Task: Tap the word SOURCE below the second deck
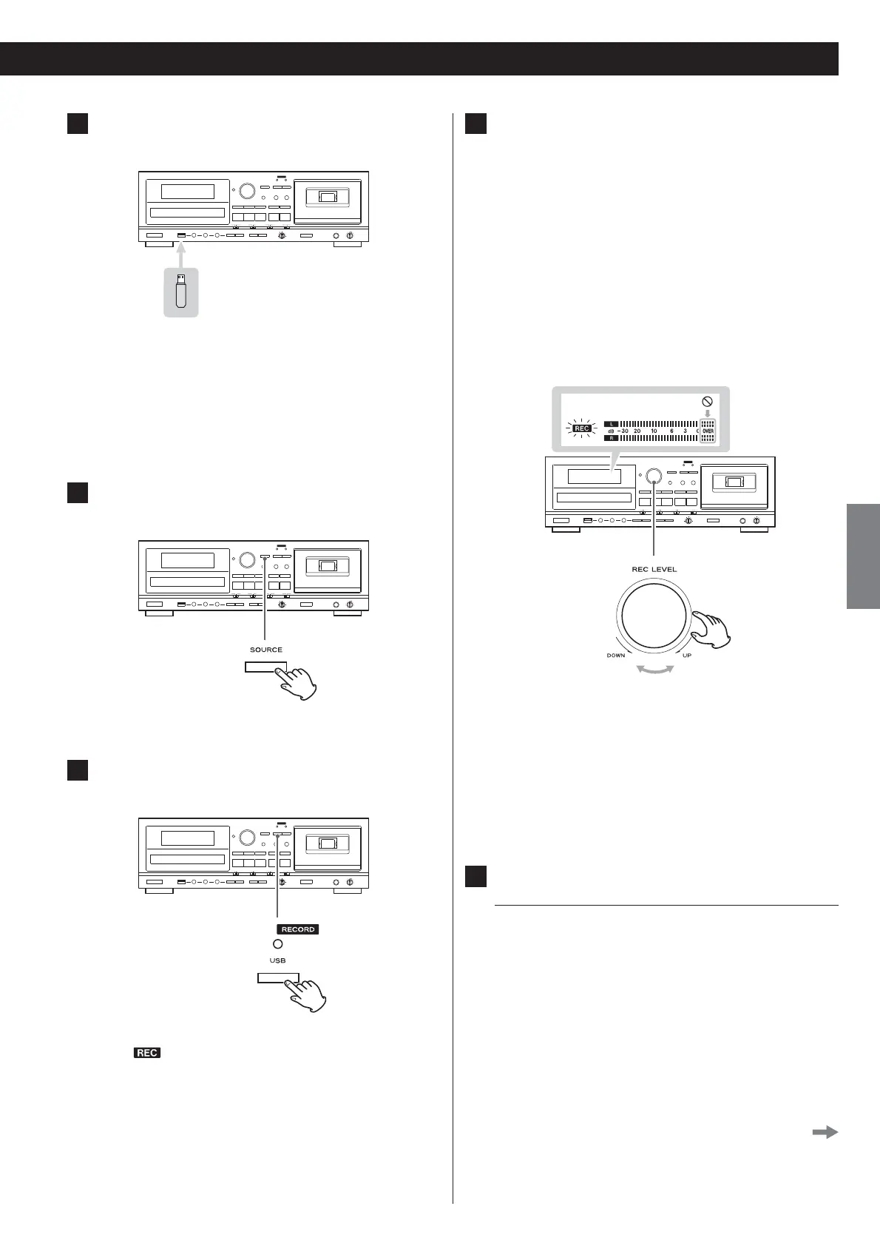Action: pyautogui.click(x=266, y=650)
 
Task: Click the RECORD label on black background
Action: pyautogui.click(x=298, y=929)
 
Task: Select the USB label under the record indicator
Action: pyautogui.click(x=277, y=960)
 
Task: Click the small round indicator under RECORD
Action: pyautogui.click(x=277, y=944)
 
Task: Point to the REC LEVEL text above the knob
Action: pyautogui.click(x=654, y=569)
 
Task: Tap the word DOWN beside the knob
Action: pyautogui.click(x=616, y=656)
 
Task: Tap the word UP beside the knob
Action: pyautogui.click(x=687, y=656)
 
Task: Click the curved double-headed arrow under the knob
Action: pyautogui.click(x=655, y=670)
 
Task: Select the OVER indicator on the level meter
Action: pyautogui.click(x=708, y=430)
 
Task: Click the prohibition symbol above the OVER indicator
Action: pyautogui.click(x=707, y=403)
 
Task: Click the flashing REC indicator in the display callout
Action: pyautogui.click(x=582, y=428)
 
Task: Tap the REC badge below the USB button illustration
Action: pyautogui.click(x=147, y=1053)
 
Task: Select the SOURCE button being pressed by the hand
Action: pyautogui.click(x=265, y=667)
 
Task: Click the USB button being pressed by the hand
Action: pyautogui.click(x=278, y=978)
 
